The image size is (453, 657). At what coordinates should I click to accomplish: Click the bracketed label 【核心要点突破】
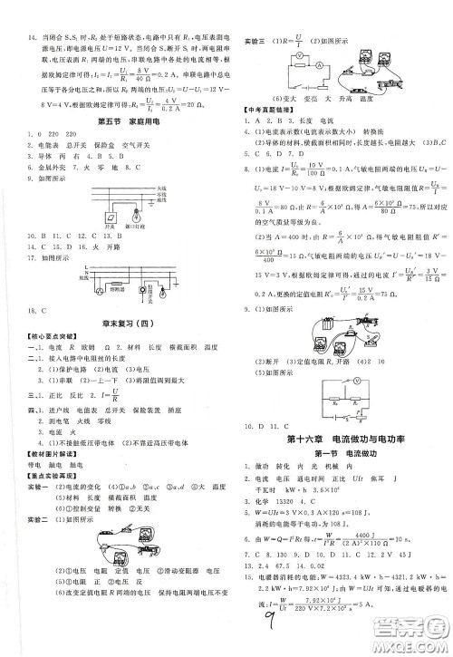click(41, 336)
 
